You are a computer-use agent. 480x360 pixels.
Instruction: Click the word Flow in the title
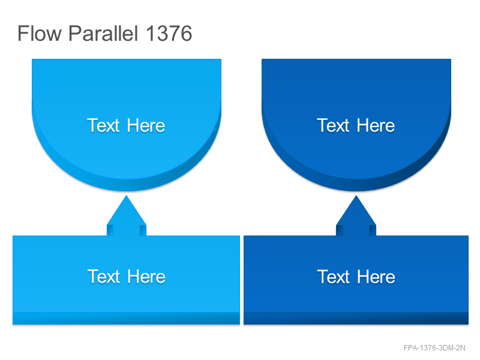(x=40, y=33)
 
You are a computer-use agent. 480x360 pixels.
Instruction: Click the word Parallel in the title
(x=103, y=33)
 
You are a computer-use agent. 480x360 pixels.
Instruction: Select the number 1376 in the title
(x=169, y=33)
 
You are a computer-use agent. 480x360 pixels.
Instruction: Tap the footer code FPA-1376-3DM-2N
(x=434, y=348)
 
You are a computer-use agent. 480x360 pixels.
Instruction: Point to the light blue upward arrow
(x=127, y=216)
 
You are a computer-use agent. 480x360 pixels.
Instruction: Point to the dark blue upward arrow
(x=356, y=216)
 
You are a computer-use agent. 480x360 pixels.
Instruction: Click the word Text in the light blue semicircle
(x=103, y=125)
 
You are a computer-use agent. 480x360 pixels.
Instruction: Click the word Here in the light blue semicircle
(x=146, y=125)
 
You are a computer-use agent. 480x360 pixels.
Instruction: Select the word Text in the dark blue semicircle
(x=333, y=125)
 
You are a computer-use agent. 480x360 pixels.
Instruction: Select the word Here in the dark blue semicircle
(x=376, y=125)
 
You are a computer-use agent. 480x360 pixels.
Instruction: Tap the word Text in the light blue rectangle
(x=103, y=277)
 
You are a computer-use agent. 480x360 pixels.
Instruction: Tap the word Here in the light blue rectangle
(x=146, y=277)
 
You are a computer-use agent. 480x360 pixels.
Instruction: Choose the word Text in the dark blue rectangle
(x=334, y=277)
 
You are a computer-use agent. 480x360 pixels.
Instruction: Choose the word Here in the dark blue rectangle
(x=376, y=277)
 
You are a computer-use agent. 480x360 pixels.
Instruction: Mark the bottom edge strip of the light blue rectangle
(x=126, y=319)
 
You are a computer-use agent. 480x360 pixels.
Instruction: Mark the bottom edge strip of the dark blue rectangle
(x=356, y=319)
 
